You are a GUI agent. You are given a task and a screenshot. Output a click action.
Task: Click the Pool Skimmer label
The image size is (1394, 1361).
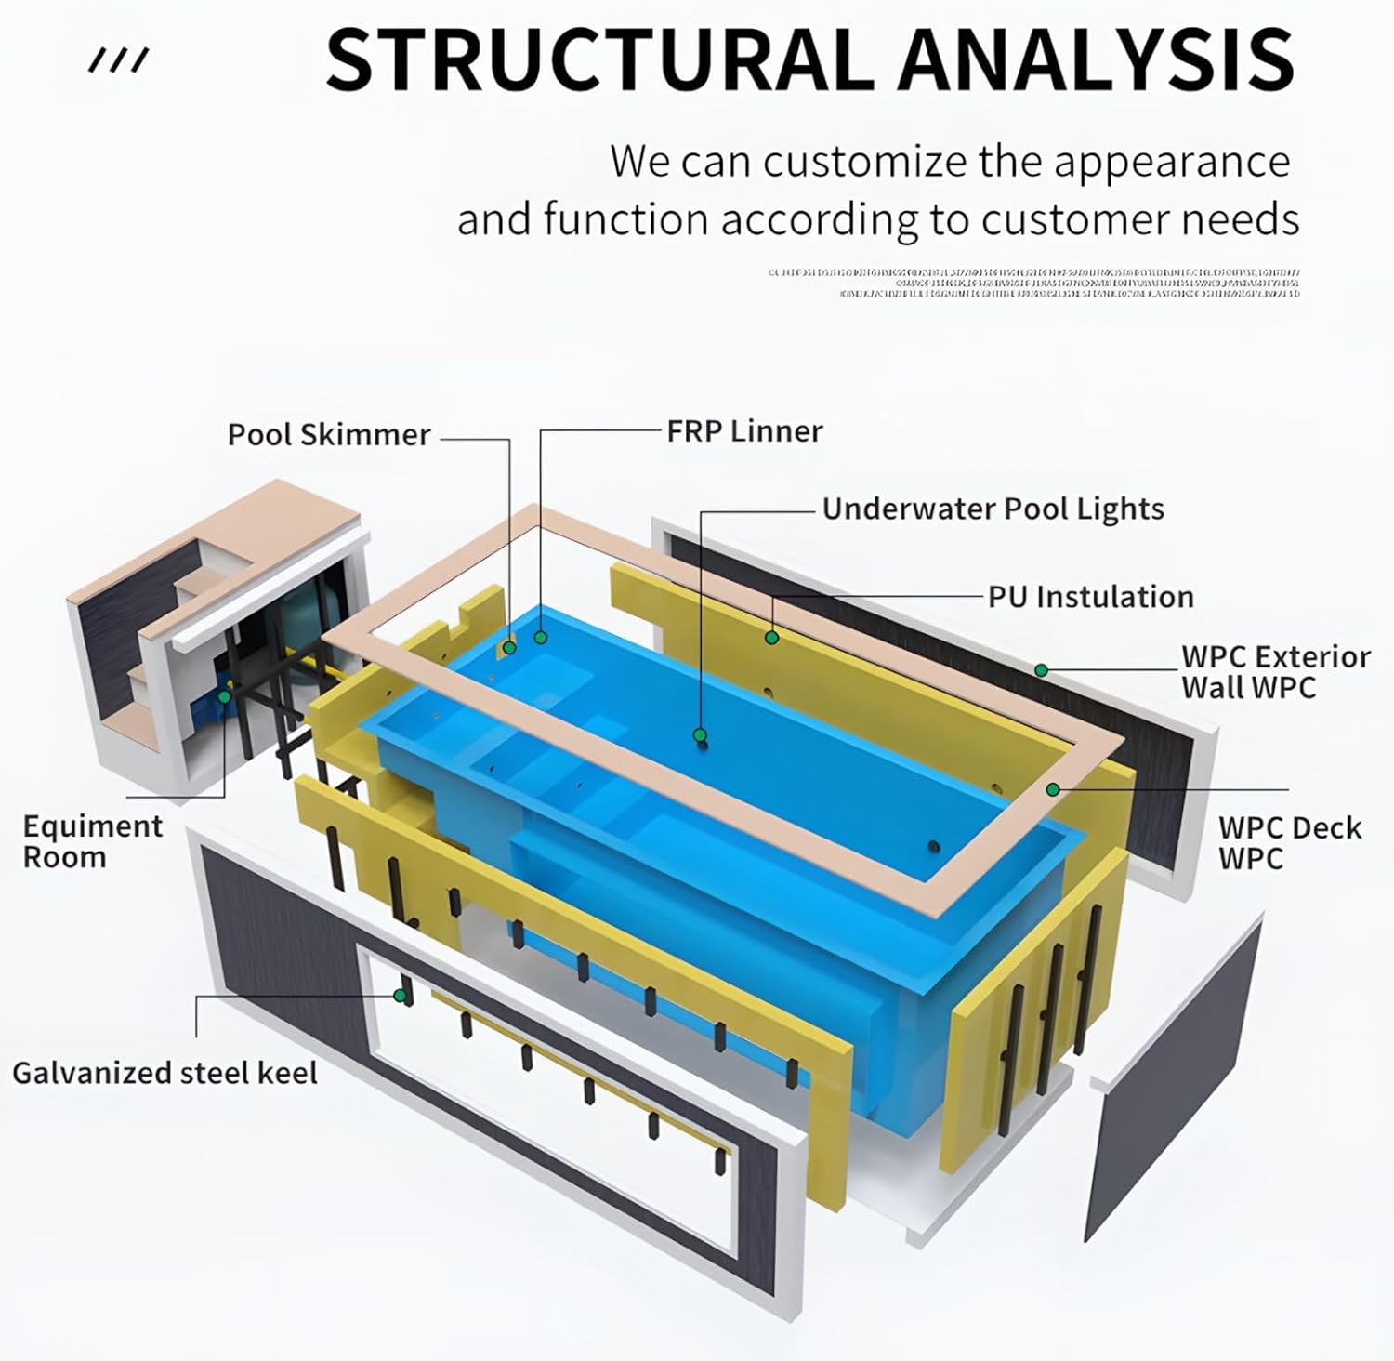pyautogui.click(x=328, y=435)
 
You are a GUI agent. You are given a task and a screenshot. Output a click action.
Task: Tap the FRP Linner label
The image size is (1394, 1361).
pyautogui.click(x=744, y=431)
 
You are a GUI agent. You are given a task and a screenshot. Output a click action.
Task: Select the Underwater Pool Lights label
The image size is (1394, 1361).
pyautogui.click(x=993, y=509)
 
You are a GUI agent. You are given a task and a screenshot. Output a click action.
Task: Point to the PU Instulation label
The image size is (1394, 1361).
pyautogui.click(x=1090, y=597)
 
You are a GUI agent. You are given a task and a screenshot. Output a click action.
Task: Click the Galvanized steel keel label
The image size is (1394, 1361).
pyautogui.click(x=164, y=1073)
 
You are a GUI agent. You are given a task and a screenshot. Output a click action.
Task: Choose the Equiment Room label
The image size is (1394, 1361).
pyautogui.click(x=92, y=841)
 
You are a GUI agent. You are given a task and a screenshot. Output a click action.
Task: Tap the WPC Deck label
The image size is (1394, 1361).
pyautogui.click(x=1289, y=842)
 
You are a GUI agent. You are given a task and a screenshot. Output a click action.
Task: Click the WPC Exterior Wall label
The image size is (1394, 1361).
pyautogui.click(x=1275, y=672)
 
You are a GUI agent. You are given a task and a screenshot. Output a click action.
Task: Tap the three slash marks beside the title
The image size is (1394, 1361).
pyautogui.click(x=118, y=62)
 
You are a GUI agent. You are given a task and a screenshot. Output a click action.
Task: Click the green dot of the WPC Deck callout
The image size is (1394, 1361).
pyautogui.click(x=1053, y=789)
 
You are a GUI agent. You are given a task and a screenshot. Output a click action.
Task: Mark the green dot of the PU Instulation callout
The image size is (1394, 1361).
pyautogui.click(x=771, y=637)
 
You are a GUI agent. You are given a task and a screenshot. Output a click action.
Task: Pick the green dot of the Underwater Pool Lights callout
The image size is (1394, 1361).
pyautogui.click(x=701, y=735)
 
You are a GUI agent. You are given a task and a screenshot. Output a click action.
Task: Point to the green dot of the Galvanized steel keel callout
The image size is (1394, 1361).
pyautogui.click(x=400, y=995)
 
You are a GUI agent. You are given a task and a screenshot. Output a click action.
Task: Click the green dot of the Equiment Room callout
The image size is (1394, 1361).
pyautogui.click(x=224, y=695)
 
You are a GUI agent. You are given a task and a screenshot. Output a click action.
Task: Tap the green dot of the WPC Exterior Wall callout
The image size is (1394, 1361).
pyautogui.click(x=1042, y=670)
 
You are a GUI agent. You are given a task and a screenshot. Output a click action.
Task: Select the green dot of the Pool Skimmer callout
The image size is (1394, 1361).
pyautogui.click(x=509, y=646)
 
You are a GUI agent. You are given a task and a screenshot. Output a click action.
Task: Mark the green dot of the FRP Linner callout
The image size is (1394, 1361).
pyautogui.click(x=540, y=638)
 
